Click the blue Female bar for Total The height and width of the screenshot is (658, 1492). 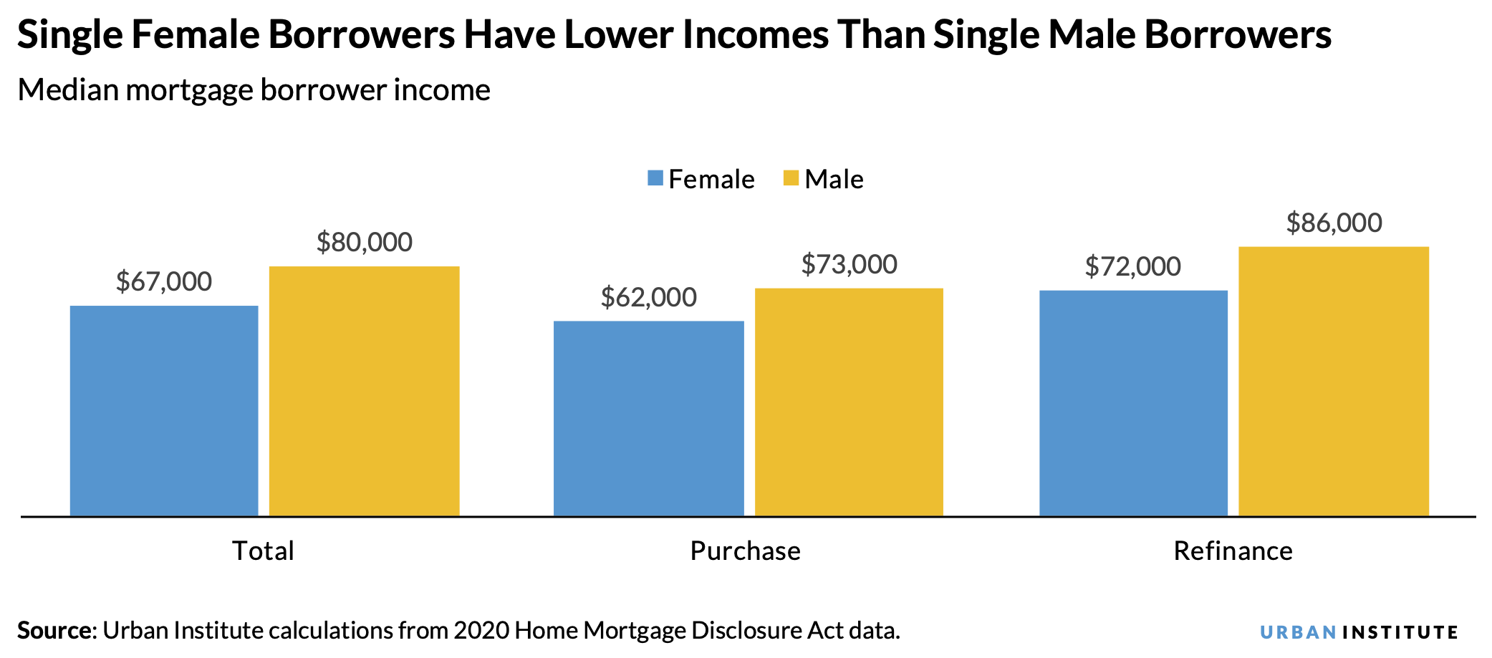point(164,410)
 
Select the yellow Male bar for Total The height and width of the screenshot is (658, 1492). point(364,391)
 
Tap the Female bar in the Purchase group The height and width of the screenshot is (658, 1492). point(648,418)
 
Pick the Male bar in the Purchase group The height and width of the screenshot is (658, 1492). point(849,402)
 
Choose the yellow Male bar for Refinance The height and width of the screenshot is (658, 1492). point(1333,381)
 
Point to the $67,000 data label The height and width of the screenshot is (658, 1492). point(164,281)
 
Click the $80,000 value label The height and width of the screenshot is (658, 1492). point(364,242)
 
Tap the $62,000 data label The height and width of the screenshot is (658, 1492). point(648,297)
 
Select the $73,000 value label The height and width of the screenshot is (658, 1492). point(849,264)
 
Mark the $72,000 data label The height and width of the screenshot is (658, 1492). point(1132,266)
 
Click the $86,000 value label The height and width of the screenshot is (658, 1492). point(1334,223)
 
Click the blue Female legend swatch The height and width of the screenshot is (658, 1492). point(655,178)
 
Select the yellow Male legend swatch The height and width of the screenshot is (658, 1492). point(791,178)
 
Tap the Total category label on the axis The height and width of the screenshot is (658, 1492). point(263,551)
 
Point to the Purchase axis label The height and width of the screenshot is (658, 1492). point(745,551)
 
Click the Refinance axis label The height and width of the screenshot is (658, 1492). point(1233,551)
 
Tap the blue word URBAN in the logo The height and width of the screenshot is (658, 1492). point(1297,632)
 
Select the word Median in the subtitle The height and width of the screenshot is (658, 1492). point(68,90)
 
